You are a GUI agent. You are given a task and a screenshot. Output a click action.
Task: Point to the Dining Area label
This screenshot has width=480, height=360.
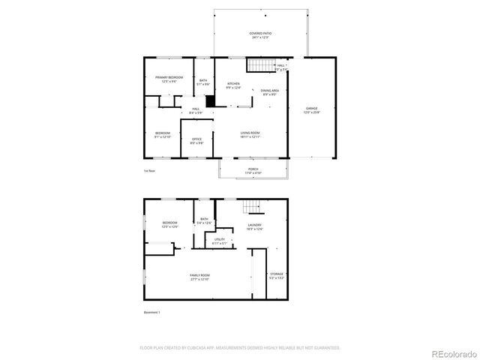(271, 91)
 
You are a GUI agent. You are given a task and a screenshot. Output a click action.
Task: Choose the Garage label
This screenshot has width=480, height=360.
(311, 110)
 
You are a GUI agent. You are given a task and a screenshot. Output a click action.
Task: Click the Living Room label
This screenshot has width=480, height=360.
(250, 134)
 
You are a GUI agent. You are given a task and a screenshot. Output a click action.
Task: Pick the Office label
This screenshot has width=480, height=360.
(196, 140)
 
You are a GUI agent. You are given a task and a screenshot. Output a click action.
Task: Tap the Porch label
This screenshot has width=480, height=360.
(253, 171)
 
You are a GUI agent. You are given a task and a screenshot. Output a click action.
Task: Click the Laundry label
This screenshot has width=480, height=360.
(254, 226)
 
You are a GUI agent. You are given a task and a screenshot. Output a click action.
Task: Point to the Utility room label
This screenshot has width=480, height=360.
(219, 241)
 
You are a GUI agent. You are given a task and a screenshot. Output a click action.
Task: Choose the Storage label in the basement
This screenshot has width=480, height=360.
(277, 276)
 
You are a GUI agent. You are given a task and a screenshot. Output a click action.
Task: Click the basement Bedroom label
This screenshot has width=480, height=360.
(170, 224)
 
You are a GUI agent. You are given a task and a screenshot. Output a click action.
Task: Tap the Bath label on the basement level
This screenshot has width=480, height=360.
(204, 221)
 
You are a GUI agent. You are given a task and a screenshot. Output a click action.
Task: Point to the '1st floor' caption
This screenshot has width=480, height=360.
(149, 171)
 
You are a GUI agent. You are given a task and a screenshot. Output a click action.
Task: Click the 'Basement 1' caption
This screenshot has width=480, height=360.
(151, 312)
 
